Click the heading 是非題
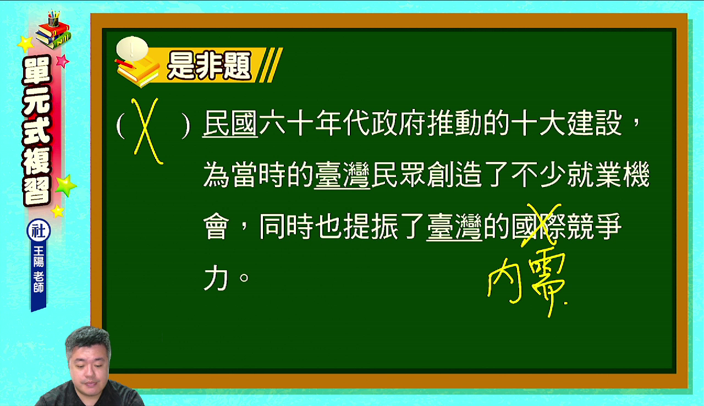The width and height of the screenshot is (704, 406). (x=209, y=65)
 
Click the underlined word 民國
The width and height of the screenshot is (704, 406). (x=230, y=123)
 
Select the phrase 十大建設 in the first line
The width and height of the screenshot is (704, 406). (x=566, y=123)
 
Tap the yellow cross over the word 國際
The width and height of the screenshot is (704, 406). (x=541, y=225)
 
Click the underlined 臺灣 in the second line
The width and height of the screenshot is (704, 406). (x=342, y=175)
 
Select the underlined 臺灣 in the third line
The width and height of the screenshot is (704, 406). (x=454, y=226)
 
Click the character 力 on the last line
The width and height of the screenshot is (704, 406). (x=216, y=278)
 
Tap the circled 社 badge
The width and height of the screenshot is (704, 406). (x=38, y=231)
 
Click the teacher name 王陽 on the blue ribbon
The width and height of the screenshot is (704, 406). (x=38, y=256)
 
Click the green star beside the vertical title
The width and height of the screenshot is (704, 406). (x=65, y=185)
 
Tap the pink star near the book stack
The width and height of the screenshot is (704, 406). (x=63, y=61)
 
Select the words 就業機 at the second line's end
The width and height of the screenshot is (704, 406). (x=608, y=175)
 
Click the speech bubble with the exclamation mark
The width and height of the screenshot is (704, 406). (x=132, y=49)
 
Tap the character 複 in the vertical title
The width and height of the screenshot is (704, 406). (x=37, y=161)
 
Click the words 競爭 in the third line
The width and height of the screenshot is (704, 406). (x=594, y=226)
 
